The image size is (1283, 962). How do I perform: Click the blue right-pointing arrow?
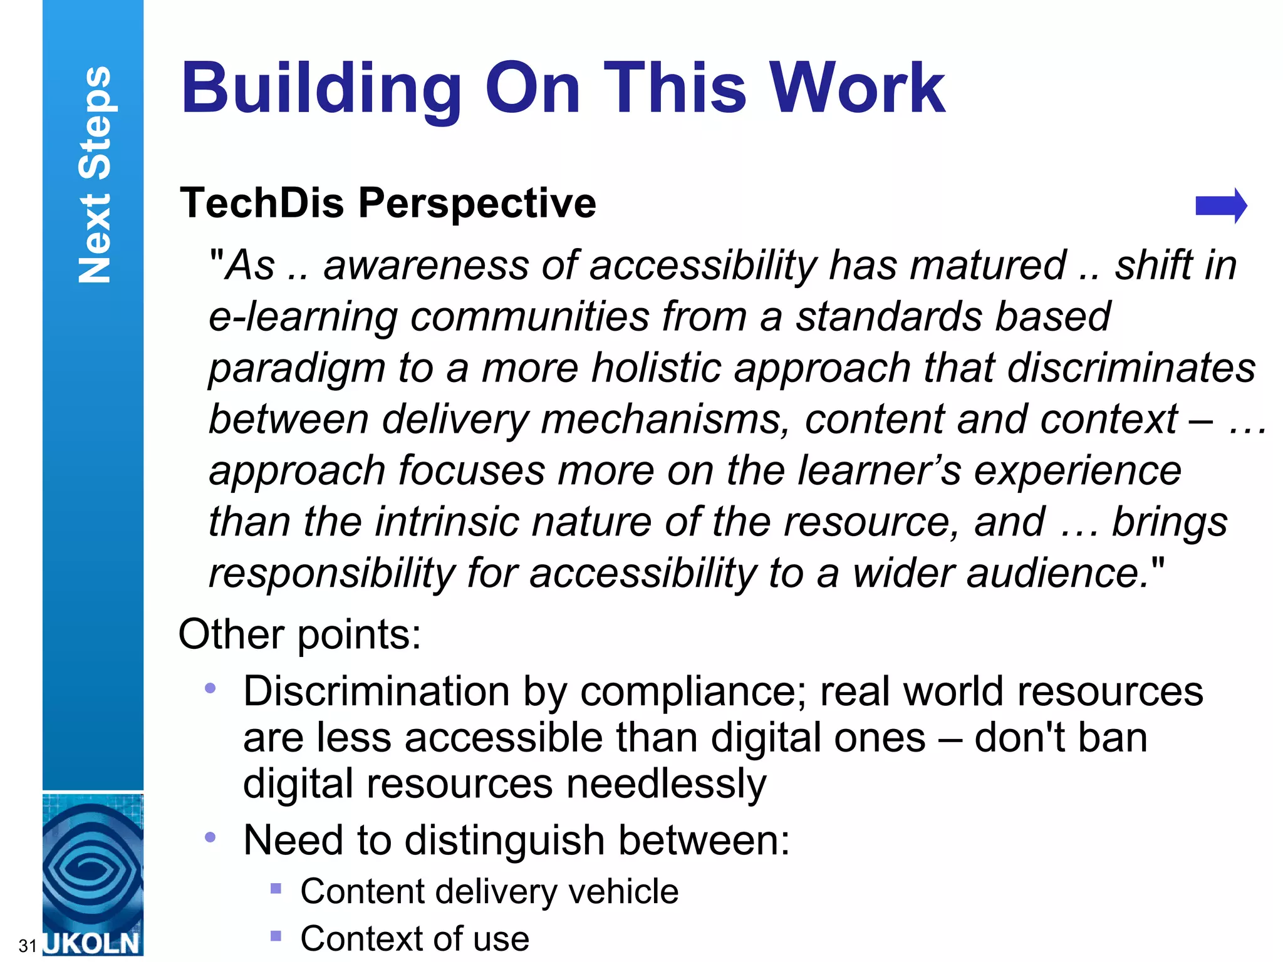tap(1220, 205)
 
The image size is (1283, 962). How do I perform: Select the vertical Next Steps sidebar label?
tap(95, 175)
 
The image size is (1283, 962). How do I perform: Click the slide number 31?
tap(27, 945)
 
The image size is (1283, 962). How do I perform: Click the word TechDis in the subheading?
tap(262, 203)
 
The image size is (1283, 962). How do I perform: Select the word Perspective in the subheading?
tap(477, 204)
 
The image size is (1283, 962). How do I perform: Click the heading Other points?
tap(299, 634)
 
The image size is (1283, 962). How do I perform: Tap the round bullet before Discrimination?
tap(210, 689)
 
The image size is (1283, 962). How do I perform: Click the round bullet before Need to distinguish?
tap(210, 837)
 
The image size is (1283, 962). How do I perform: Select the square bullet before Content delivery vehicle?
tap(276, 888)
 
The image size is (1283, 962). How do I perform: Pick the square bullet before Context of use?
tap(276, 936)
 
